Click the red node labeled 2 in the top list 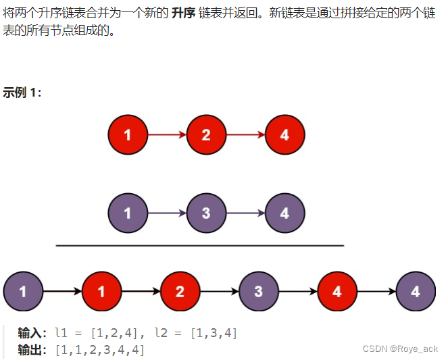point(206,135)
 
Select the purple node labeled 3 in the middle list point(206,213)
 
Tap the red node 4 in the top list point(284,135)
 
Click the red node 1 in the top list point(128,135)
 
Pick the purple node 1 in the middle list point(128,213)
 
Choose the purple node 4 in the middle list point(284,213)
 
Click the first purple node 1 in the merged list point(23,292)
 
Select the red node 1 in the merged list point(101,292)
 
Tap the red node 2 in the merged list point(180,292)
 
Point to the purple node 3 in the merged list point(258,292)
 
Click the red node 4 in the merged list point(337,292)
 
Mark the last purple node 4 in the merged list point(416,292)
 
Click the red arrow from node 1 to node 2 point(167,135)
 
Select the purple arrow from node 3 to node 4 point(245,213)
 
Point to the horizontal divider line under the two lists point(199,246)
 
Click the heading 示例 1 point(22,93)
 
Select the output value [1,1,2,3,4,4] point(100,350)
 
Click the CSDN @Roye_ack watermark point(400,349)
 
